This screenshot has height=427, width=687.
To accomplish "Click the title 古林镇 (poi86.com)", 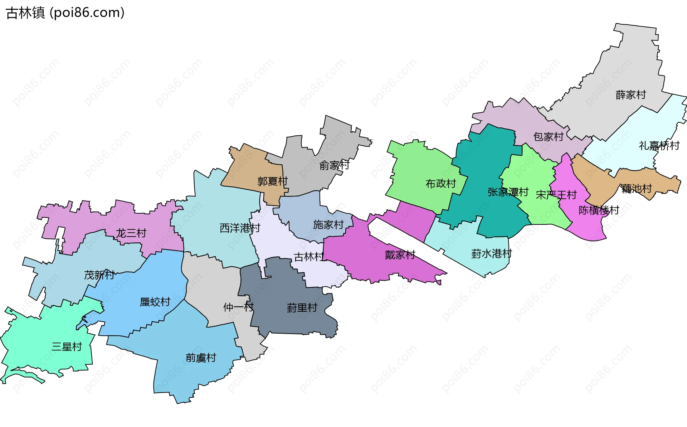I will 65,13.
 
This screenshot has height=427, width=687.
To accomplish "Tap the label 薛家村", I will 630,95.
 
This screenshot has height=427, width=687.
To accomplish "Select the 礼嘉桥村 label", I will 659,146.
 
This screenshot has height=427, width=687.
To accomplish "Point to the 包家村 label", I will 548,137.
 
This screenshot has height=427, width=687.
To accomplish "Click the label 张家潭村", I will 508,192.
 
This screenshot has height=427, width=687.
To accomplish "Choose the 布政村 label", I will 440,184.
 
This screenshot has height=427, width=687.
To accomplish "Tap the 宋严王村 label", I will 556,195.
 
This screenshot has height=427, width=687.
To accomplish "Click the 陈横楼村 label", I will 599,210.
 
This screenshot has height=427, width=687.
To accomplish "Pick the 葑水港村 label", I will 491,254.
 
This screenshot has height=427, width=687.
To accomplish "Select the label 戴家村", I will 400,255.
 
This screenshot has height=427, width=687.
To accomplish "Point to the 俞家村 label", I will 334,165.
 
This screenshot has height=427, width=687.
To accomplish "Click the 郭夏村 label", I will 272,181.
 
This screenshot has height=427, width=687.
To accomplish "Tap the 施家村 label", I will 328,225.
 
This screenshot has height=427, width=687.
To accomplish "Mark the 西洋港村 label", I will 240,228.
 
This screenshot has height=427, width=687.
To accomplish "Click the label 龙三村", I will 131,233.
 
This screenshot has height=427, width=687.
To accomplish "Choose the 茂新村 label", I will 99,275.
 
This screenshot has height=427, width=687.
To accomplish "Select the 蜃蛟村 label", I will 155,302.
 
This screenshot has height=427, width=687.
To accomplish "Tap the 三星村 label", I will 67,346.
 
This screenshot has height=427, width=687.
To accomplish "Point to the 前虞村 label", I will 201,358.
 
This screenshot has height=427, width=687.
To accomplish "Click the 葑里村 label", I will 302,308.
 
